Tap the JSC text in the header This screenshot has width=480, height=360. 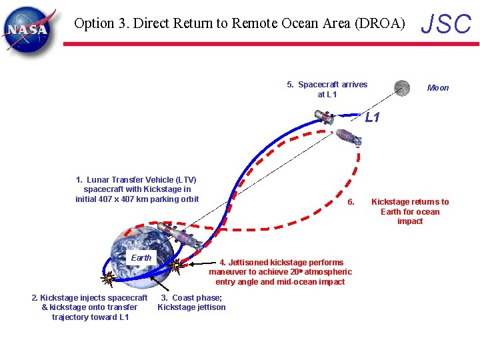click(x=446, y=25)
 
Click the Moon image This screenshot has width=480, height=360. click(x=401, y=87)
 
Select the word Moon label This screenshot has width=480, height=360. click(x=438, y=88)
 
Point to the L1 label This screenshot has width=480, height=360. click(x=372, y=118)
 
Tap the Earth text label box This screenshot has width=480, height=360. click(x=141, y=257)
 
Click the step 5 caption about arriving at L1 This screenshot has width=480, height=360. click(x=327, y=89)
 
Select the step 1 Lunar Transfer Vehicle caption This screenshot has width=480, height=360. click(x=137, y=189)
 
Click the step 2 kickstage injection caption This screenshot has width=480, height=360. click(x=89, y=307)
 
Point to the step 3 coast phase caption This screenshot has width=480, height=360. click(x=191, y=303)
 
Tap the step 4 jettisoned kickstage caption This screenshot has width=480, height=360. click(x=280, y=272)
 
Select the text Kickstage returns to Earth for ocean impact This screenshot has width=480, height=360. click(x=410, y=211)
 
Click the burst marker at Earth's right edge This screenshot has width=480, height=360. click(x=175, y=266)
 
